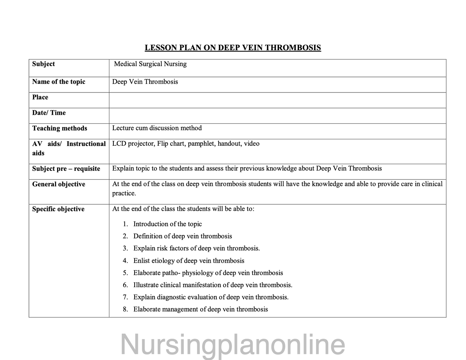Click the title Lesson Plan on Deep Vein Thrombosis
click(233, 48)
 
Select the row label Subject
click(44, 64)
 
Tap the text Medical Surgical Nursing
click(150, 64)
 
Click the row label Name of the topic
click(59, 82)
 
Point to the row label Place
click(40, 97)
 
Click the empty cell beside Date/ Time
click(277, 115)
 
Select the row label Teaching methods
click(60, 128)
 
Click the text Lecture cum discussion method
click(157, 128)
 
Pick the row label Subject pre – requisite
click(66, 169)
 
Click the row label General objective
click(59, 184)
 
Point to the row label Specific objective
click(58, 209)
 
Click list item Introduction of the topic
click(167, 224)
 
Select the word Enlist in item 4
click(141, 260)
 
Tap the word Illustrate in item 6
click(146, 285)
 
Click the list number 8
click(125, 309)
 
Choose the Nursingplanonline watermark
click(233, 345)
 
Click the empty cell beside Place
click(277, 100)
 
